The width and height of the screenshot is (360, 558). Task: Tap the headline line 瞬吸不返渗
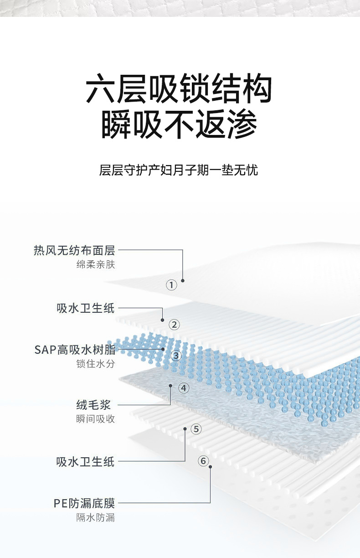179,124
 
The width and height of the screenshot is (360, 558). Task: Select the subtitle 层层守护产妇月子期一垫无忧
179,170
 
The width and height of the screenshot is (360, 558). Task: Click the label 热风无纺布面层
74,250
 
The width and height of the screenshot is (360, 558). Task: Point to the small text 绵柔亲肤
96,264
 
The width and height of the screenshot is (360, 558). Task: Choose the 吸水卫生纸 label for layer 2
86,308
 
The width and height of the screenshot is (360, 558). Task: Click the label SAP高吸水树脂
75,350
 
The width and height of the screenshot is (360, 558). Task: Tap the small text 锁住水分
96,364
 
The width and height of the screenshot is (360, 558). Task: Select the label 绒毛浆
93,404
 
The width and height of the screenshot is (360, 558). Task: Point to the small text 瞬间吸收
96,419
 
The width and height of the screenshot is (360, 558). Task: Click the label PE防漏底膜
84,503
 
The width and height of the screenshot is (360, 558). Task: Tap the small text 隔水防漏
96,517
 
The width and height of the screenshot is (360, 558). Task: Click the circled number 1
171,285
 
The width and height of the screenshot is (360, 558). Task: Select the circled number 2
174,325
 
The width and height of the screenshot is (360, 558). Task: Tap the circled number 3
176,356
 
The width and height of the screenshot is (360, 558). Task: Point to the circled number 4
184,388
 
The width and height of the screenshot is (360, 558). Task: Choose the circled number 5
196,429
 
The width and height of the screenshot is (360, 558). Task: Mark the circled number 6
204,461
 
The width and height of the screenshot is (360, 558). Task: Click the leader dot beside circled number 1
183,280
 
